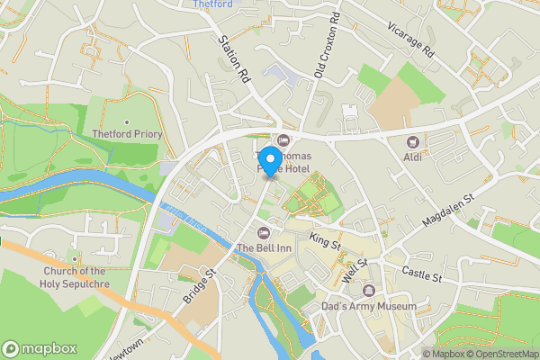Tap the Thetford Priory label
click(126, 135)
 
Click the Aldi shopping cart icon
click(413, 141)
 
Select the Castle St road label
click(421, 273)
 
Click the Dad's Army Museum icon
click(369, 290)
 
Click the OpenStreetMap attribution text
click(499, 354)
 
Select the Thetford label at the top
click(212, 4)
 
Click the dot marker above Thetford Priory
click(127, 122)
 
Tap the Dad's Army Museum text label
click(369, 306)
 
